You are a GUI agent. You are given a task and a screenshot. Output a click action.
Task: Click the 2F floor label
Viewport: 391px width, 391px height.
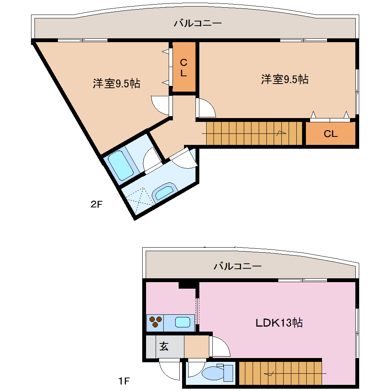click(x=97, y=204)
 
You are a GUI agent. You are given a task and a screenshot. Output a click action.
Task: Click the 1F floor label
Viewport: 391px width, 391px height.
click(x=124, y=381)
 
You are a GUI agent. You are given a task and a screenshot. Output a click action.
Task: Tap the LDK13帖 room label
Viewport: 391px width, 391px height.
click(x=279, y=322)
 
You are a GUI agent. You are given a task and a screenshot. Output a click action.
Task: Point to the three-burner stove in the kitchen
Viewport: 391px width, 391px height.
click(x=155, y=322)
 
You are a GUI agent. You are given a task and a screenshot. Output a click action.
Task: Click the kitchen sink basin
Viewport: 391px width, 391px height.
click(x=183, y=322)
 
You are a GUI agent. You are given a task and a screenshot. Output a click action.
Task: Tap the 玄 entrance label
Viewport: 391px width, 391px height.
click(x=164, y=346)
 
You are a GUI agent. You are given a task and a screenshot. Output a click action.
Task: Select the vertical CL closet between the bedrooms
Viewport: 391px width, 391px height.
click(x=184, y=68)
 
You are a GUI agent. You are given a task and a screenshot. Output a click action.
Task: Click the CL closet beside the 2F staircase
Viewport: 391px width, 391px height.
click(x=330, y=134)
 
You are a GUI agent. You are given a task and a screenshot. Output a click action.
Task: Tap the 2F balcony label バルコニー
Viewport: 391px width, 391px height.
click(x=197, y=23)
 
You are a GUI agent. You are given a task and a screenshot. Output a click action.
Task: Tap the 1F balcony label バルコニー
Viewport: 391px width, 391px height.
click(x=238, y=266)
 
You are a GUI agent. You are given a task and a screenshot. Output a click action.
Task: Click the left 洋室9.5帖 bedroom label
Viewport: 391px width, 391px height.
click(x=116, y=83)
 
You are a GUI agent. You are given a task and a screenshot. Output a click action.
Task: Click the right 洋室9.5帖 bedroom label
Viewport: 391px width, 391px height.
click(x=285, y=79)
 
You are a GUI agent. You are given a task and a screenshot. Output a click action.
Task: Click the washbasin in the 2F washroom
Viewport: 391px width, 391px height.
click(x=165, y=191)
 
